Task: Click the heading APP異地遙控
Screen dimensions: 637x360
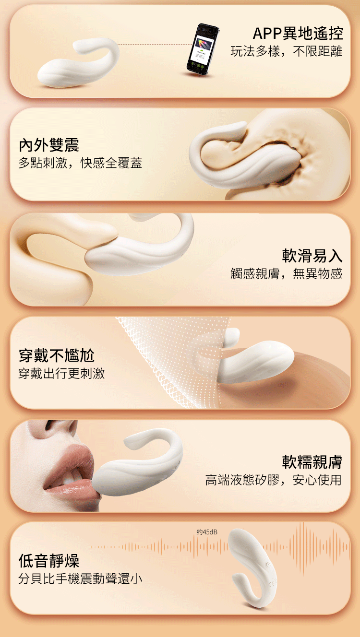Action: [x=298, y=34]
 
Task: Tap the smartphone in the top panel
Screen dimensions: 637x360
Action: [x=202, y=49]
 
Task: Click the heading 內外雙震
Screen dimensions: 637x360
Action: [x=48, y=144]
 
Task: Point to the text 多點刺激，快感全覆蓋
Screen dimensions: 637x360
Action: [x=80, y=163]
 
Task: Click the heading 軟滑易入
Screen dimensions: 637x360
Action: [x=312, y=255]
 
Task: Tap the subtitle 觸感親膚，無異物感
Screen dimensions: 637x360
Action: [x=287, y=274]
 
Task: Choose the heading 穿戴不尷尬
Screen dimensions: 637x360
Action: [x=56, y=355]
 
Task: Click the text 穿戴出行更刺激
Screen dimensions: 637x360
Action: [x=61, y=373]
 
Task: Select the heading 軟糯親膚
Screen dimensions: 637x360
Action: [x=312, y=461]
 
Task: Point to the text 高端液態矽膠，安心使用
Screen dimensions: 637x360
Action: [x=273, y=480]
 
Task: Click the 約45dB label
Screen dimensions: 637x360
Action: [x=207, y=532]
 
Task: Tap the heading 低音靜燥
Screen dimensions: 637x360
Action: [x=48, y=560]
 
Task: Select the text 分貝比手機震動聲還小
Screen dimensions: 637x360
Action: [x=80, y=578]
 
